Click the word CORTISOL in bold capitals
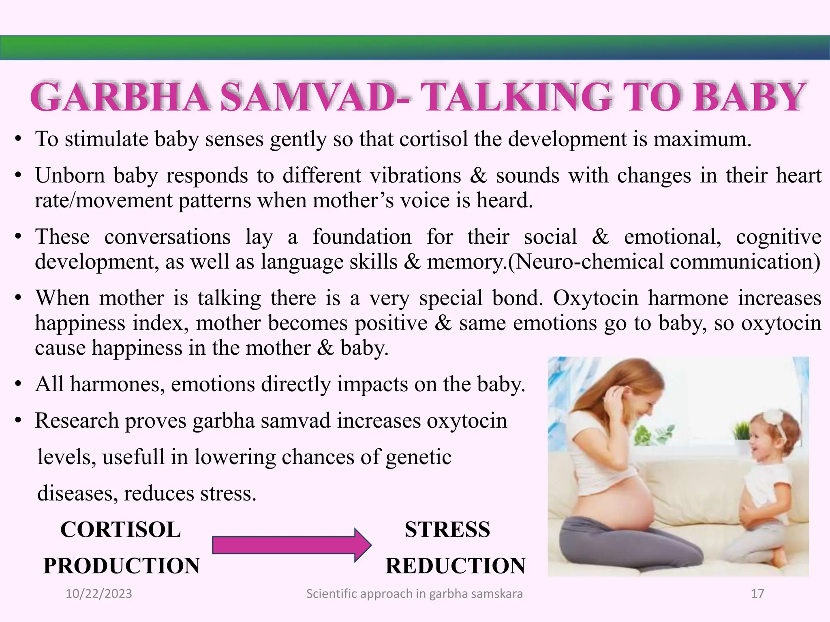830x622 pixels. [x=121, y=530]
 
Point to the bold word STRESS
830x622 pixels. [x=447, y=530]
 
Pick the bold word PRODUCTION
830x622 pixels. [x=122, y=566]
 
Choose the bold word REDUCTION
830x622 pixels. [x=455, y=566]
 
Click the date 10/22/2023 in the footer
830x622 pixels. [x=99, y=594]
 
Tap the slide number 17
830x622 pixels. [x=757, y=594]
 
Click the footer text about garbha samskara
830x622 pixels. [x=414, y=594]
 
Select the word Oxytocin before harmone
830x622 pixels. [x=595, y=298]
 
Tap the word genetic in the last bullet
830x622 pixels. [x=418, y=457]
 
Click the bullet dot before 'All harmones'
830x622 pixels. [x=18, y=384]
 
